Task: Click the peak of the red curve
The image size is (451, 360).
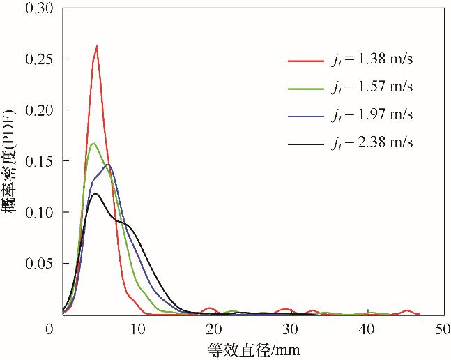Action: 97,47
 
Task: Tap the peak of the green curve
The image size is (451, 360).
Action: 93,144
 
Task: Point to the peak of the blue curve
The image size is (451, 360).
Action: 108,165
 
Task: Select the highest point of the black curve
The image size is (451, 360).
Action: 95,193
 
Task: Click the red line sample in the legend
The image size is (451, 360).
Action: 305,61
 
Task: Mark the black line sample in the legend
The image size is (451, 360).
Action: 305,144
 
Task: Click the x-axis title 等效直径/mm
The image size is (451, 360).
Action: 254,350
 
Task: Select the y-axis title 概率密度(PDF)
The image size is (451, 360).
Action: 11,161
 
